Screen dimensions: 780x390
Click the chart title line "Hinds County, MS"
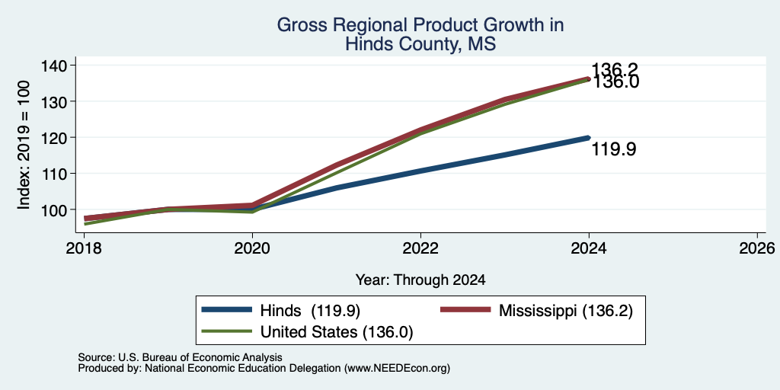coord(420,43)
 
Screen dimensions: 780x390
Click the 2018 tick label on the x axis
coord(84,248)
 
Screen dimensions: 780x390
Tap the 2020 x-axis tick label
coord(252,248)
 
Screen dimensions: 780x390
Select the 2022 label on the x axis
coord(420,248)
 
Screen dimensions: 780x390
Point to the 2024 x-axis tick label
coord(589,248)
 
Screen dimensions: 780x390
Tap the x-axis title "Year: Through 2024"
coord(420,280)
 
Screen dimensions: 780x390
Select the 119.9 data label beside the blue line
coord(613,149)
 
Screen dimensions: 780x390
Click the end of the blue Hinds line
coord(589,138)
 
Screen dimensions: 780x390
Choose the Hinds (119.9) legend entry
coord(280,311)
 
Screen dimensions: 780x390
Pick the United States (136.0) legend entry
coord(307,332)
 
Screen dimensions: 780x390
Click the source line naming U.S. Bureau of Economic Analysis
coord(180,357)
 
